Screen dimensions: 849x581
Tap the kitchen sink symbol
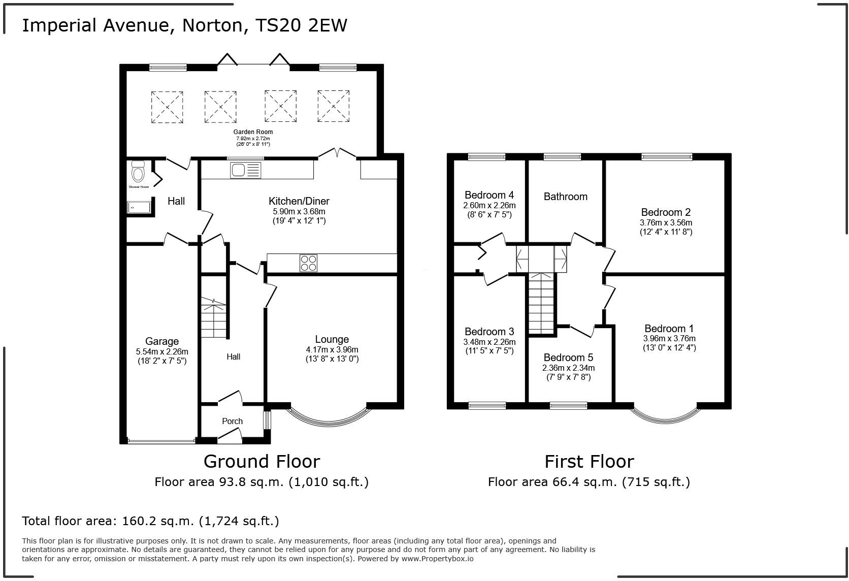coord(245,170)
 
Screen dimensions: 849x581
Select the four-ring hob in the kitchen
coord(308,263)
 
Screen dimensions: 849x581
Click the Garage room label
coord(162,341)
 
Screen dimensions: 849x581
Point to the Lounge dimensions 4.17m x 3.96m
coord(332,349)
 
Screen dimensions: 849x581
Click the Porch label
coord(233,421)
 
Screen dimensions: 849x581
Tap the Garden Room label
coord(253,132)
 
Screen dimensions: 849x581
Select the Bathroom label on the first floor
coord(565,197)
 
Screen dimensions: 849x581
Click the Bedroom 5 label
coord(568,358)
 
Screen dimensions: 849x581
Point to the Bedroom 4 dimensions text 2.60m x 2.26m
coord(489,205)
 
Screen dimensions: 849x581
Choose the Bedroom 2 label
coord(666,212)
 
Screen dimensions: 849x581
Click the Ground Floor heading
coord(262,461)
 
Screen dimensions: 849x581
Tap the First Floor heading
coord(589,461)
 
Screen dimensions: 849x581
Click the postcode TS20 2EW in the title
coord(301,25)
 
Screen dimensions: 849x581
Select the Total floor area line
coord(150,521)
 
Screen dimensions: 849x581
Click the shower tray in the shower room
coord(139,207)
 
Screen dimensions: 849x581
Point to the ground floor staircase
coord(213,318)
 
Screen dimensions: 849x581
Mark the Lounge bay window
coord(329,419)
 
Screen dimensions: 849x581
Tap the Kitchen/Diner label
coord(299,201)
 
